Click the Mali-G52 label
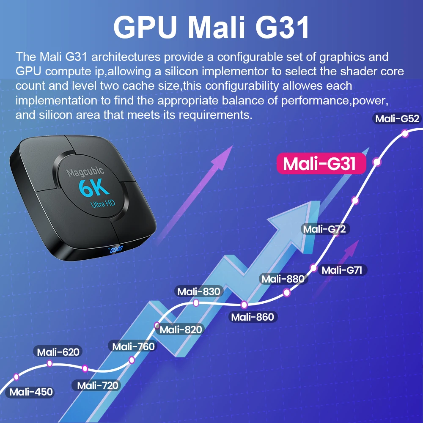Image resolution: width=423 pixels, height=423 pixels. (397, 119)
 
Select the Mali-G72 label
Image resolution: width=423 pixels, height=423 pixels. (325, 229)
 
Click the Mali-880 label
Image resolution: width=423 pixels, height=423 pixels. (283, 279)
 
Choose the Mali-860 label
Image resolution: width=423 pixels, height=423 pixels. (253, 317)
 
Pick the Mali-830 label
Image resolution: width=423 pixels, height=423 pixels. (199, 291)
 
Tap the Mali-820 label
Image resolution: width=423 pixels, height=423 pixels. (181, 330)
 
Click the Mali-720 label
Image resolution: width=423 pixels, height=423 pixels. (98, 385)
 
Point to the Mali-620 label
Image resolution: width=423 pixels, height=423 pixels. (58, 352)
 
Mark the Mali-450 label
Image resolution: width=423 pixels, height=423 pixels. (31, 392)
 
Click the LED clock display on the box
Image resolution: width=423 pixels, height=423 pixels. (116, 249)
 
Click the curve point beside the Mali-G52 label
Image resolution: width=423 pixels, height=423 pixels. (405, 134)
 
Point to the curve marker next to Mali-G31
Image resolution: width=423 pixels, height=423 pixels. (377, 162)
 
